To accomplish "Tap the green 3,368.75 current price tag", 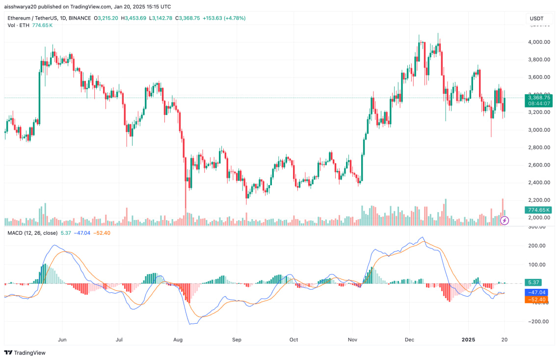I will (x=539, y=98).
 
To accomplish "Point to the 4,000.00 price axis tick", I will (x=539, y=42).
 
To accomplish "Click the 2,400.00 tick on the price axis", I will (x=539, y=183).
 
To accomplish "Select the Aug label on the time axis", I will (x=178, y=339).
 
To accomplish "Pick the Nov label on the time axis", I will (x=351, y=339).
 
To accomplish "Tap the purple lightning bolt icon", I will (x=505, y=221).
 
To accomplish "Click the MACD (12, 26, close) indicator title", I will (x=32, y=233).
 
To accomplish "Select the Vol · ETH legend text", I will (x=18, y=25).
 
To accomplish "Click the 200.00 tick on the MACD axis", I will (x=539, y=246).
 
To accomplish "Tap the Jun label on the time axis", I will (x=62, y=339).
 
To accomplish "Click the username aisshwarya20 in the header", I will (x=20, y=7).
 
